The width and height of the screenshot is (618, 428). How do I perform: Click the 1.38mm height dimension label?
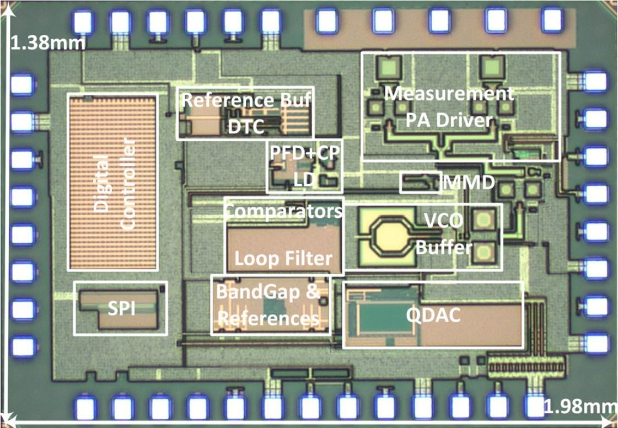pos(48,42)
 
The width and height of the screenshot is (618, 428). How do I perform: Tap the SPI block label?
pos(121,309)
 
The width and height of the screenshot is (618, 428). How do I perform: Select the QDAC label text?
pos(433,314)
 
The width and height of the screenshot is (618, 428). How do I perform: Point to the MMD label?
pos(469,182)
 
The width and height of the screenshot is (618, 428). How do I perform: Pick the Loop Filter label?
pos(283,258)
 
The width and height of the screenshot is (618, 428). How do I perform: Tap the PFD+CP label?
pos(304,153)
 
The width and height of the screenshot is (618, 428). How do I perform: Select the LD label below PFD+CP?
pos(304,179)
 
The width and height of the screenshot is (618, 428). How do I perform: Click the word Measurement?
pos(449,94)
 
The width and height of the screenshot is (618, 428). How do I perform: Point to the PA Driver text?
pos(449,120)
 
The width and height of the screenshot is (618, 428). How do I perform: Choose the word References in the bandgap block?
pos(268,318)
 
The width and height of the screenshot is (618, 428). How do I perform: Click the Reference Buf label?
pos(246,100)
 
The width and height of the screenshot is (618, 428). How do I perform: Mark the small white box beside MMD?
pos(420,182)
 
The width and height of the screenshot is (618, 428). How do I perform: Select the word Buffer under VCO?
pos(444,248)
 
